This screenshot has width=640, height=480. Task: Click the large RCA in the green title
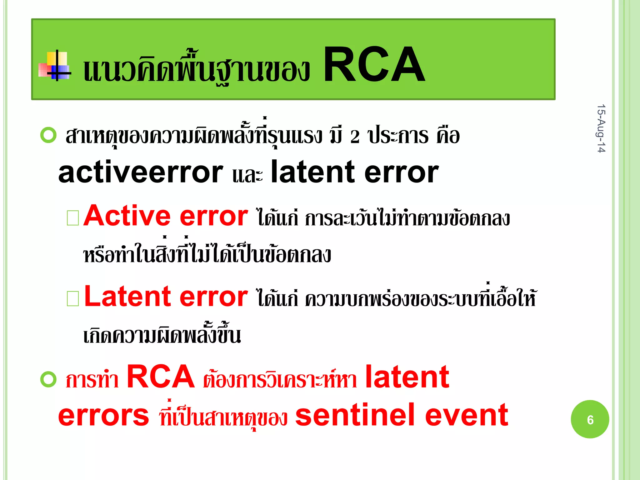[374, 65]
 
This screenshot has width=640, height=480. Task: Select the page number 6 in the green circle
[590, 419]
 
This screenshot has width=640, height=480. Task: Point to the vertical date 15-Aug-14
[601, 128]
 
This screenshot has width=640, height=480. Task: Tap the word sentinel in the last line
[355, 415]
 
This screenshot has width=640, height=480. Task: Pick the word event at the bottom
[467, 415]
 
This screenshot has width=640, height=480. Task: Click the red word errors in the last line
[103, 415]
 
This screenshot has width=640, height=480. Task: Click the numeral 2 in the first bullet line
[355, 137]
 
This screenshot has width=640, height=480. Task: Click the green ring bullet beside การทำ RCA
[48, 379]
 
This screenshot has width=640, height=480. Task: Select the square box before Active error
[73, 218]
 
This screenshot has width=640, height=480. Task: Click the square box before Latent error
[73, 298]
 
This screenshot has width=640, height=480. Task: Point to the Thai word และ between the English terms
[247, 175]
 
